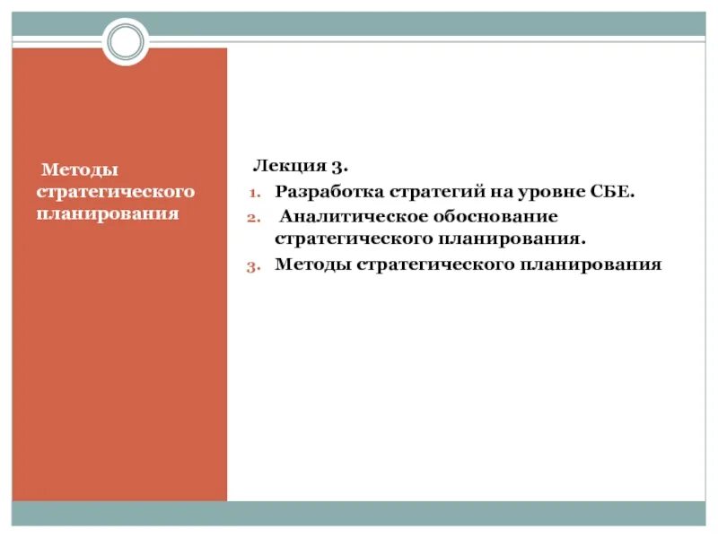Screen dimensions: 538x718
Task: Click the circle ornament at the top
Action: (x=125, y=41)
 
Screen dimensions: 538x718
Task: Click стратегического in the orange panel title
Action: (x=115, y=192)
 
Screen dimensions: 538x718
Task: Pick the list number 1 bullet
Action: (x=253, y=193)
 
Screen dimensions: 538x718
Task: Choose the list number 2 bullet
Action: (x=253, y=217)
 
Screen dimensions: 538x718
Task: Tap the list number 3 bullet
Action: (x=253, y=265)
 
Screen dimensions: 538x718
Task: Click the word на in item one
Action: (x=498, y=192)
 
